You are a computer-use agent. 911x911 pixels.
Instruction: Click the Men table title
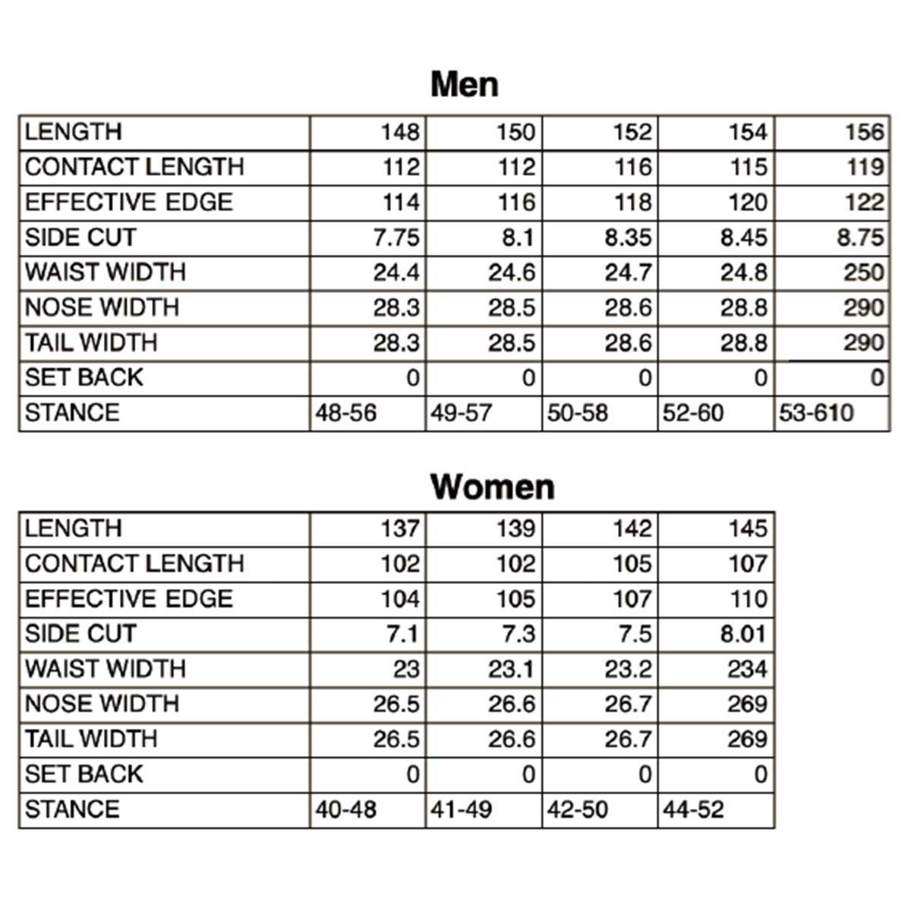coord(464,84)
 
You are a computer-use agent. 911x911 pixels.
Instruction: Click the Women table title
coord(492,486)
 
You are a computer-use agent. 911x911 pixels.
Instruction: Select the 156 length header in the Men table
coord(865,132)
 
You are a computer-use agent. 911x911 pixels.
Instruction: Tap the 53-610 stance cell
coord(816,413)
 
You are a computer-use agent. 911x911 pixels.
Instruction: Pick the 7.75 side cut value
coord(396,238)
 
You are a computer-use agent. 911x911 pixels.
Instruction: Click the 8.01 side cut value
coord(743,634)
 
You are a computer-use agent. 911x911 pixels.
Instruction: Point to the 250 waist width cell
coord(864,273)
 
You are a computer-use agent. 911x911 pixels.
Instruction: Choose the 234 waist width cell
coord(747,669)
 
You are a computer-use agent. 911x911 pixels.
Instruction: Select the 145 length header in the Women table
coord(748,528)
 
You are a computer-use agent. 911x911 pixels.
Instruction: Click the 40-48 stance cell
coord(346,809)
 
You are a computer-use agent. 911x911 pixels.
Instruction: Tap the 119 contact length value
coord(865,167)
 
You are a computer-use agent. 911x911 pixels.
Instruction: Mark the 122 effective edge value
coord(865,203)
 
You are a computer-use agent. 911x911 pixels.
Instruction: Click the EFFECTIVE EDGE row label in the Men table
coord(128,203)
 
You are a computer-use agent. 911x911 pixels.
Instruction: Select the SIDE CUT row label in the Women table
coord(80,634)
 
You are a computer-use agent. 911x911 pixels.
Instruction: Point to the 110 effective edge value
coord(749,599)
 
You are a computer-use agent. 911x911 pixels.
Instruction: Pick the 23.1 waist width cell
coord(512,669)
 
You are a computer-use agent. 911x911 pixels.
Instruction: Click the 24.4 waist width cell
coord(396,273)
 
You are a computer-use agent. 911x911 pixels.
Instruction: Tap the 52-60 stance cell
coord(693,413)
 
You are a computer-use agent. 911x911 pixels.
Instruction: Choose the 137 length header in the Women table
coord(400,528)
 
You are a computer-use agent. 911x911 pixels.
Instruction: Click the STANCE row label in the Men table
coord(72,413)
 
